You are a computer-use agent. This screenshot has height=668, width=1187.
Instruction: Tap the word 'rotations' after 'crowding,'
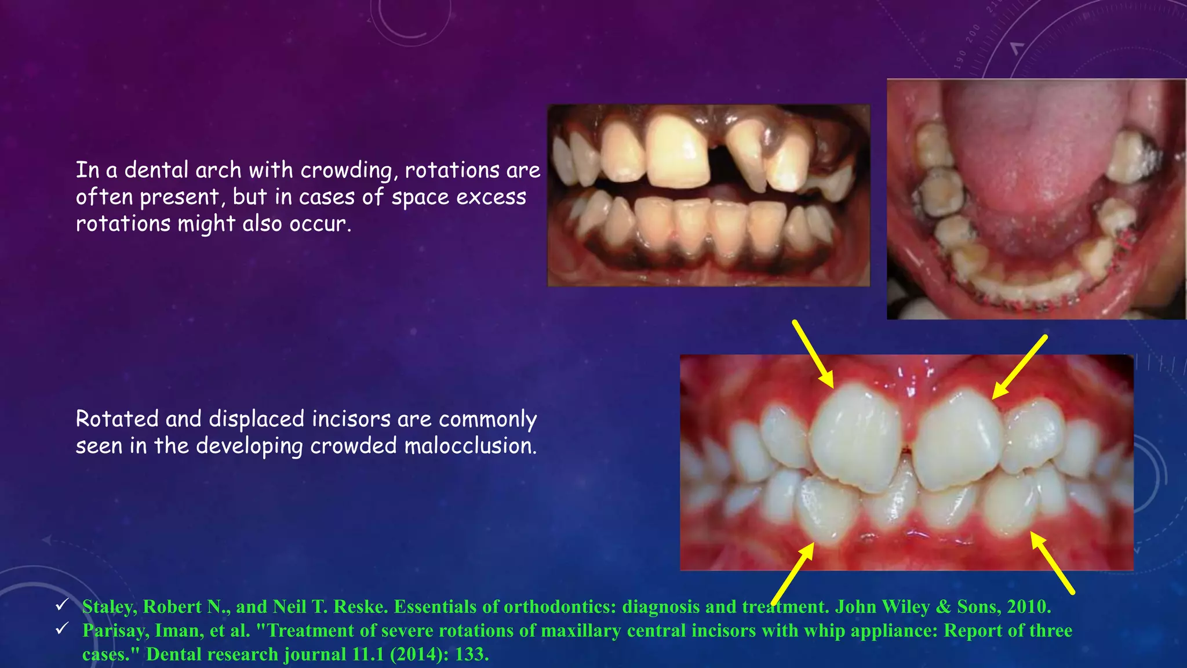[x=452, y=170]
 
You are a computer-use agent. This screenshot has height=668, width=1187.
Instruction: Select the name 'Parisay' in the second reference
[x=114, y=630]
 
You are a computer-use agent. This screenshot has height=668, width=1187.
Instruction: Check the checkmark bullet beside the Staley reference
[x=62, y=605]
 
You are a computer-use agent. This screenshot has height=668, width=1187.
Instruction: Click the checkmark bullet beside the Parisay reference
[x=62, y=629]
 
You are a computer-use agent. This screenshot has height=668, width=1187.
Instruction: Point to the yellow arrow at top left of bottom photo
[x=813, y=353]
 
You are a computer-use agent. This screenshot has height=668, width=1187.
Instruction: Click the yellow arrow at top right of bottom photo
[x=1020, y=366]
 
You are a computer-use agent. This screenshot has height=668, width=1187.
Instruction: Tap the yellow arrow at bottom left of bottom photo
[x=793, y=573]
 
